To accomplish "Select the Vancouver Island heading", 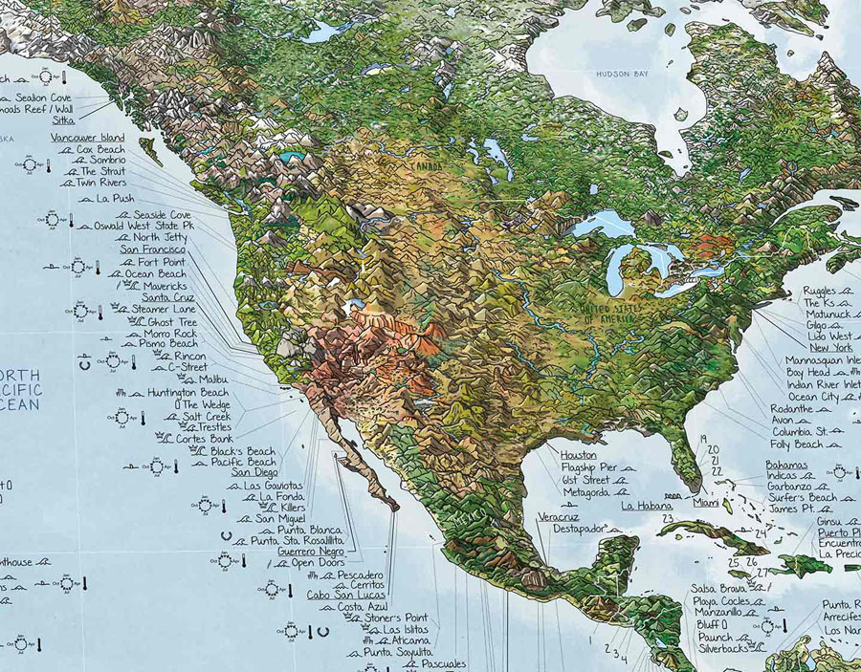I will pos(87,138).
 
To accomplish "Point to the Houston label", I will pos(578,456).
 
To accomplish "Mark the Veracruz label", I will pos(558,516).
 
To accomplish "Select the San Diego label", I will pos(254,472).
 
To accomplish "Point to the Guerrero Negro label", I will pos(312,552).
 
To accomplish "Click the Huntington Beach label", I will pos(188,392).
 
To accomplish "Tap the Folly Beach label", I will pos(795,444).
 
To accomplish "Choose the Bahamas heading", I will pos(786,465).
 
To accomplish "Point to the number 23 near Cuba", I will pos(668,518).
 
